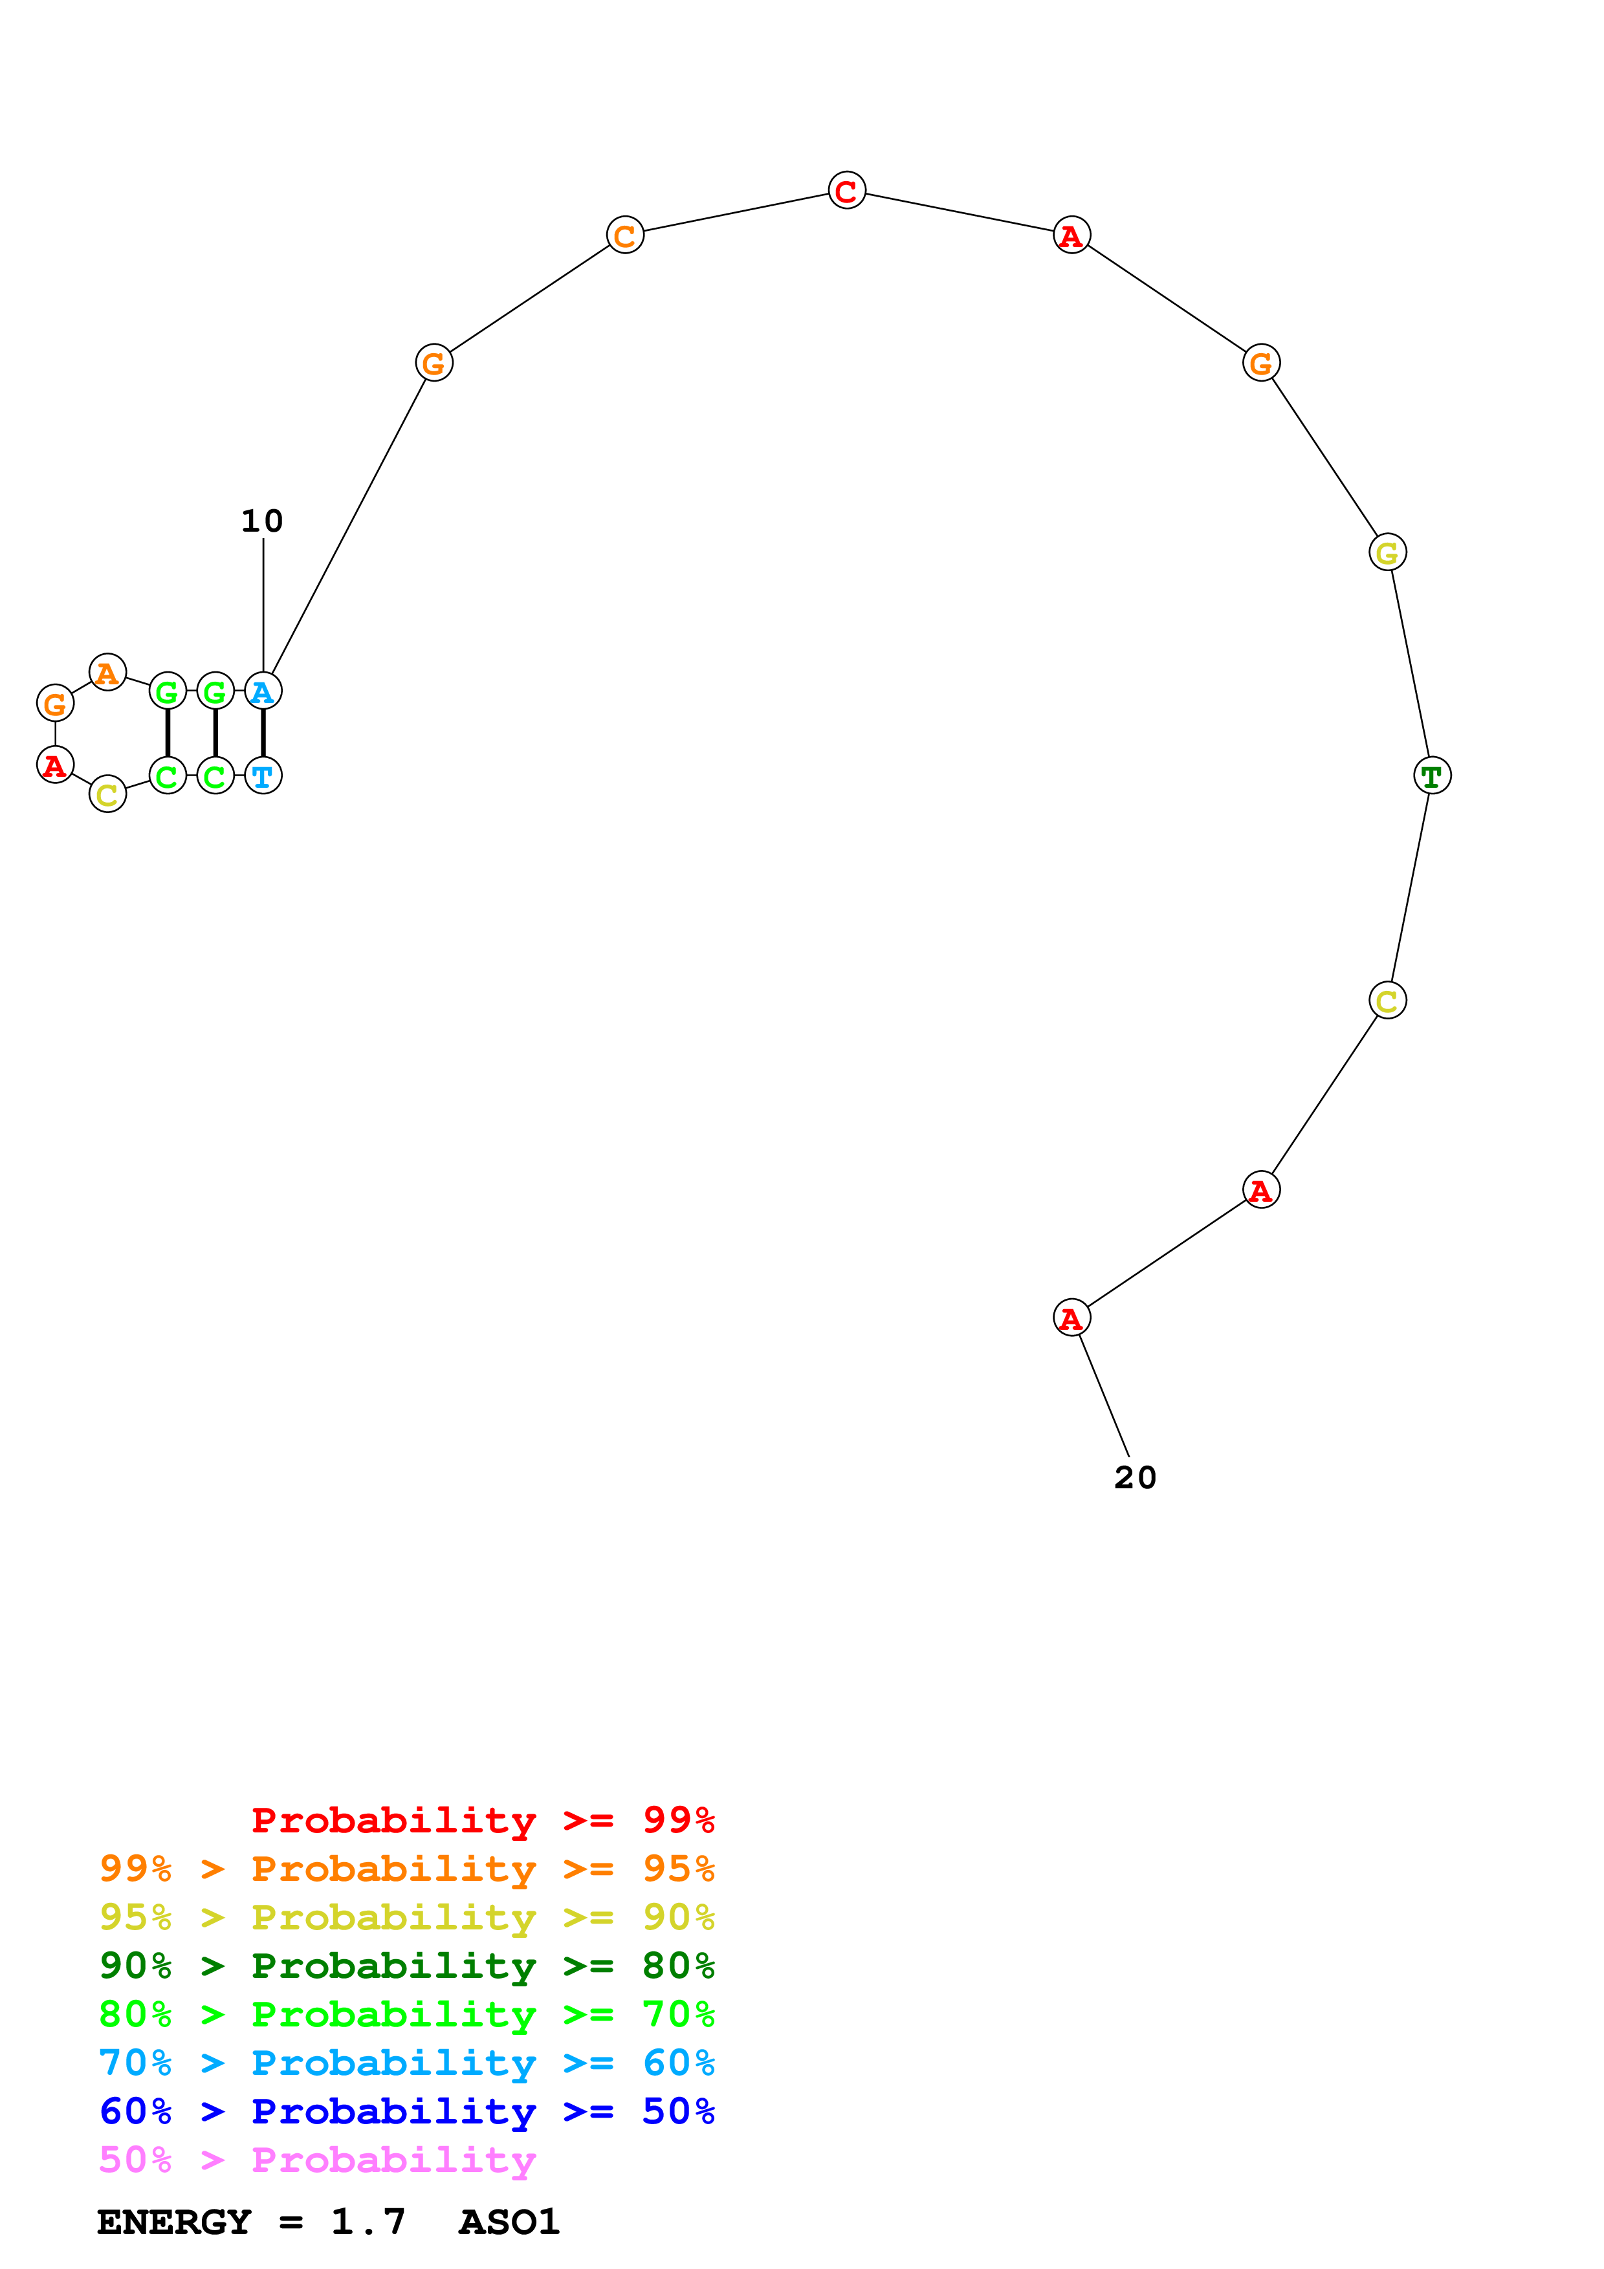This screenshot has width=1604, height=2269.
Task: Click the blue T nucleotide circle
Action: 263,776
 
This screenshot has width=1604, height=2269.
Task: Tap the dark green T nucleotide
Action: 1432,776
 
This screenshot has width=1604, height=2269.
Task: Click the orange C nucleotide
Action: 624,235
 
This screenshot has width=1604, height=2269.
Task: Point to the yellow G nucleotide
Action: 1387,552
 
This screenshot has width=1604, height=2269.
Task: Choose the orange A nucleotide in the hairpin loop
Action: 107,673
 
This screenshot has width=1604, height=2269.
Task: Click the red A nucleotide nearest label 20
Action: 1071,1318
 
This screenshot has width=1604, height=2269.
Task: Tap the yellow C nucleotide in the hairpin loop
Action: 107,794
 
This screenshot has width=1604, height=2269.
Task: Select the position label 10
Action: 263,521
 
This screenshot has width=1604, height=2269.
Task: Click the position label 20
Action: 1134,1477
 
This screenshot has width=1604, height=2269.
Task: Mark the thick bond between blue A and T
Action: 263,733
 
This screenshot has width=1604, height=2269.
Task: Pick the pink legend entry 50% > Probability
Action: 317,2160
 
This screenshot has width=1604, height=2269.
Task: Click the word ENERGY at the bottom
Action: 174,2222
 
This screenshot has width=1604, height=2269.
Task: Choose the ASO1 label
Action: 509,2222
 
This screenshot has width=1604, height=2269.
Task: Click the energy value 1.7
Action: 368,2222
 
